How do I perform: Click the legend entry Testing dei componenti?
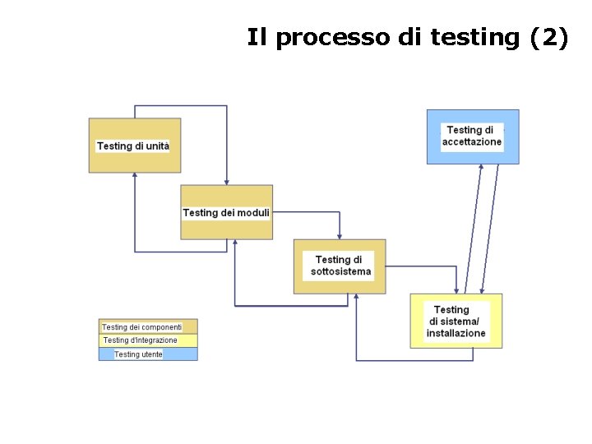[x=148, y=326]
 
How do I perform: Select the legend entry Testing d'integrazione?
[x=148, y=340]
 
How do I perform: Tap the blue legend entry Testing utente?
[x=148, y=354]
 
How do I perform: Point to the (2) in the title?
[x=548, y=38]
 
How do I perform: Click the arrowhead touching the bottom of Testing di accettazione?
[x=481, y=168]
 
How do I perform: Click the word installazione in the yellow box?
[x=456, y=334]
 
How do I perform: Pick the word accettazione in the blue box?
[x=472, y=142]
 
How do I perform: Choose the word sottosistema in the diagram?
[x=340, y=271]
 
